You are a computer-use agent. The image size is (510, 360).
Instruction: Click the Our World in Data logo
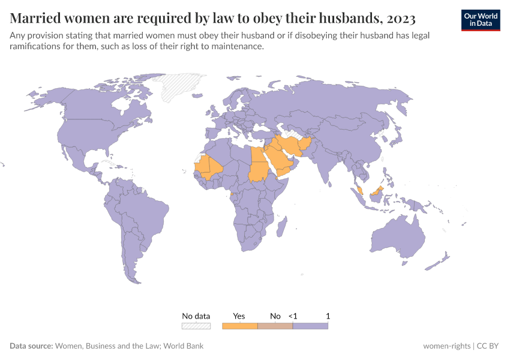click(x=480, y=19)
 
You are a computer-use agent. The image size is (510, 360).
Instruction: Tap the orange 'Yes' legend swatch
click(x=239, y=326)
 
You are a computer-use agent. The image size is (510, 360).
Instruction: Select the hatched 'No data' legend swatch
click(x=196, y=326)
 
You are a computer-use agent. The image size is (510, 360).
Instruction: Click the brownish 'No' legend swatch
click(x=275, y=326)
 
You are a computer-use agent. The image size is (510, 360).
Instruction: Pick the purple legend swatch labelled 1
click(x=310, y=326)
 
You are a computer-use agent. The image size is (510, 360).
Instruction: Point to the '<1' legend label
click(x=293, y=316)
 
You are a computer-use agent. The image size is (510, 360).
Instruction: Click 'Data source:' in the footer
click(x=31, y=346)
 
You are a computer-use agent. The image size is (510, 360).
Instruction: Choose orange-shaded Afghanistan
click(x=305, y=145)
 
